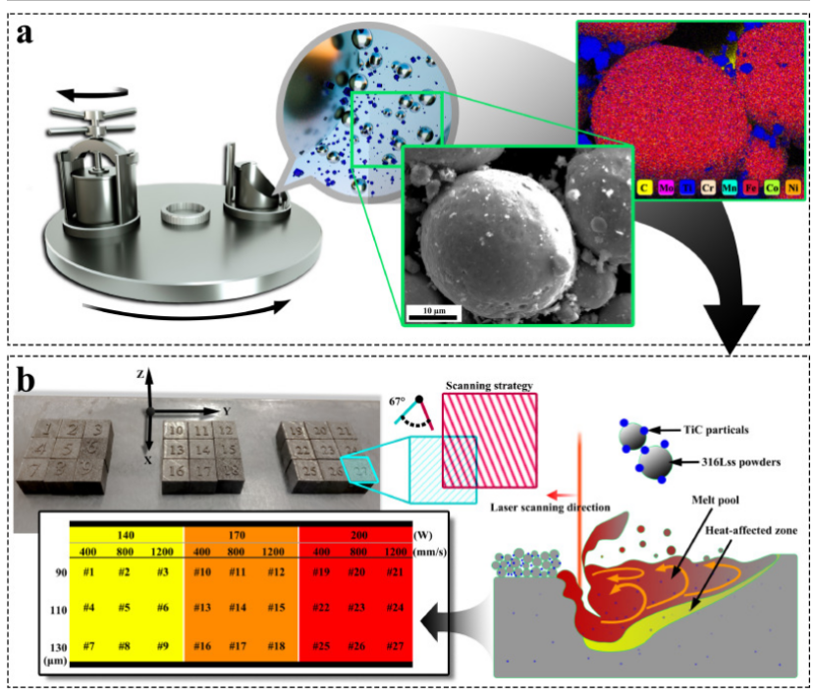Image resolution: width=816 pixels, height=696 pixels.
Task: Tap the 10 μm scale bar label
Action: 434,309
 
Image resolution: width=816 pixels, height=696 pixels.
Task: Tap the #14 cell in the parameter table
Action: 236,608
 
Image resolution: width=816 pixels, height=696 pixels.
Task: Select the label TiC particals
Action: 724,430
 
